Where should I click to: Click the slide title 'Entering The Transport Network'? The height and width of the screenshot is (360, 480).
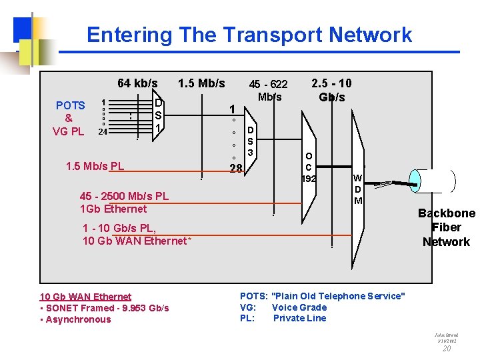(249, 35)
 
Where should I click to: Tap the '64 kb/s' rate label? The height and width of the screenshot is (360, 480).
(137, 83)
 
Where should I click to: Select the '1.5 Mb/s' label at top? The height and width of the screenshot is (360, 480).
(201, 83)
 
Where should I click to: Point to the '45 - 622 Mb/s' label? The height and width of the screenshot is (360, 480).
(268, 90)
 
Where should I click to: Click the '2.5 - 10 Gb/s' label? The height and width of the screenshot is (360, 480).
(331, 90)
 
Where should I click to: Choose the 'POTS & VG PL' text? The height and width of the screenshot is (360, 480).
(70, 118)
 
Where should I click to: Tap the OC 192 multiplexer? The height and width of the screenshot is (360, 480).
(308, 167)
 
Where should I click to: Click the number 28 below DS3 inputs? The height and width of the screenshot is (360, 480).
(235, 168)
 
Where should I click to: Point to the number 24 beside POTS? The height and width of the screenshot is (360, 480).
(103, 131)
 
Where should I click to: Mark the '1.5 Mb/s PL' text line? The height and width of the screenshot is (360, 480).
(95, 165)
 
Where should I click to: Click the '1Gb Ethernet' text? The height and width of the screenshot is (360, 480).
(113, 209)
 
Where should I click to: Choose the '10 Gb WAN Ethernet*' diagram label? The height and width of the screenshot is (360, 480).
(136, 241)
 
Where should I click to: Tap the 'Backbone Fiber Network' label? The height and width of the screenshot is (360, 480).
(446, 227)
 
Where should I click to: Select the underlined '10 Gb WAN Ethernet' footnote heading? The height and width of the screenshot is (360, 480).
(85, 296)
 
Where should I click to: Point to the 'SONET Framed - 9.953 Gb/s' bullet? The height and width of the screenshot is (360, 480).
(104, 307)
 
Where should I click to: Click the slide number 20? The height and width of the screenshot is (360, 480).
(447, 348)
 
